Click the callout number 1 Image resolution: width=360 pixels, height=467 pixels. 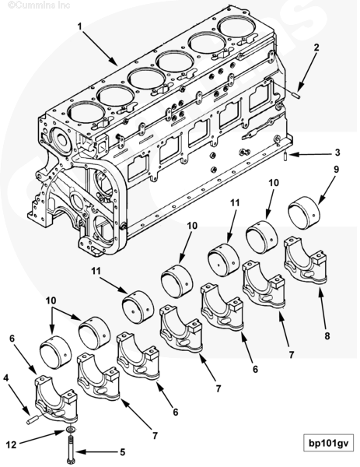pyautogui.click(x=79, y=26)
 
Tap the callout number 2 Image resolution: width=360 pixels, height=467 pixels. pyautogui.click(x=316, y=47)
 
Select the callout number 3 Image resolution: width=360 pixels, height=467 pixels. pyautogui.click(x=337, y=153)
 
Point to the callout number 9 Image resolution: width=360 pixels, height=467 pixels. pyautogui.click(x=336, y=169)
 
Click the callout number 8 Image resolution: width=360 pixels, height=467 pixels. pyautogui.click(x=327, y=336)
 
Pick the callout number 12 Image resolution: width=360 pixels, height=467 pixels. pyautogui.click(x=11, y=445)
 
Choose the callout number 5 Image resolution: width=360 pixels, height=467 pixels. pyautogui.click(x=122, y=452)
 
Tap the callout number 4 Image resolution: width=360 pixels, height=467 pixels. pyautogui.click(x=6, y=378)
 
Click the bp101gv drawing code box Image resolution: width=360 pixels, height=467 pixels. pyautogui.click(x=328, y=444)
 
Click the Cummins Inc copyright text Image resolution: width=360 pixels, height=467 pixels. pyautogui.click(x=39, y=5)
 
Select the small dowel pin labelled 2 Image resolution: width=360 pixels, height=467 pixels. pyautogui.click(x=296, y=96)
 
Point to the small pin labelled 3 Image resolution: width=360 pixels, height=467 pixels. pyautogui.click(x=285, y=156)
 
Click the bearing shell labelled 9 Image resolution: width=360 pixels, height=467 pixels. pyautogui.click(x=304, y=212)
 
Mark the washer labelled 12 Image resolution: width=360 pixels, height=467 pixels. pyautogui.click(x=71, y=430)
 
